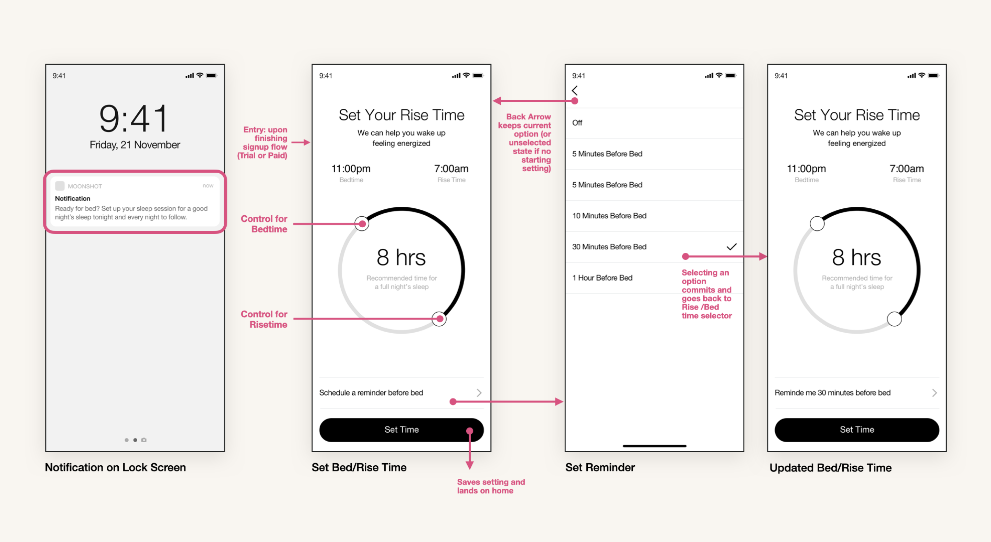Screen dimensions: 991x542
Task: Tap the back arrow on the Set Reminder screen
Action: tap(574, 90)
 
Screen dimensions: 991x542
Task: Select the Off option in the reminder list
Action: tap(577, 123)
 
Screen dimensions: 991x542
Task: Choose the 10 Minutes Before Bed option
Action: tap(609, 216)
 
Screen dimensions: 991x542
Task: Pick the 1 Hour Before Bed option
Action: tap(602, 278)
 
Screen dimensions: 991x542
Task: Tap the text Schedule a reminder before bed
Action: tap(371, 392)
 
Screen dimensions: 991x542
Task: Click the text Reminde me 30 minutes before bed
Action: tap(832, 392)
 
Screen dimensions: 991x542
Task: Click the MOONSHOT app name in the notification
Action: tap(85, 186)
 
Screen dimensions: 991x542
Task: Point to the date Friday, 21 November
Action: tap(135, 144)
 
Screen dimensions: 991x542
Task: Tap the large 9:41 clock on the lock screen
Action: tap(134, 118)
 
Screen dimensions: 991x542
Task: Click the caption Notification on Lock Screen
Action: tap(115, 467)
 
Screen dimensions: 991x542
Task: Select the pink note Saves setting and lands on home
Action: tap(490, 486)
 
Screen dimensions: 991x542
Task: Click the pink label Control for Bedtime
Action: tap(264, 224)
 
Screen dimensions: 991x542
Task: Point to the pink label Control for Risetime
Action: tap(264, 319)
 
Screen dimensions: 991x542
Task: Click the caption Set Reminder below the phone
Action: tap(600, 467)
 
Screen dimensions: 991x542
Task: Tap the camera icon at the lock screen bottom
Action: tap(144, 440)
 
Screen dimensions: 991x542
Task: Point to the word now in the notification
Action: tap(208, 185)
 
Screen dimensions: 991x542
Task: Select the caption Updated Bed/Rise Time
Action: tap(830, 467)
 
